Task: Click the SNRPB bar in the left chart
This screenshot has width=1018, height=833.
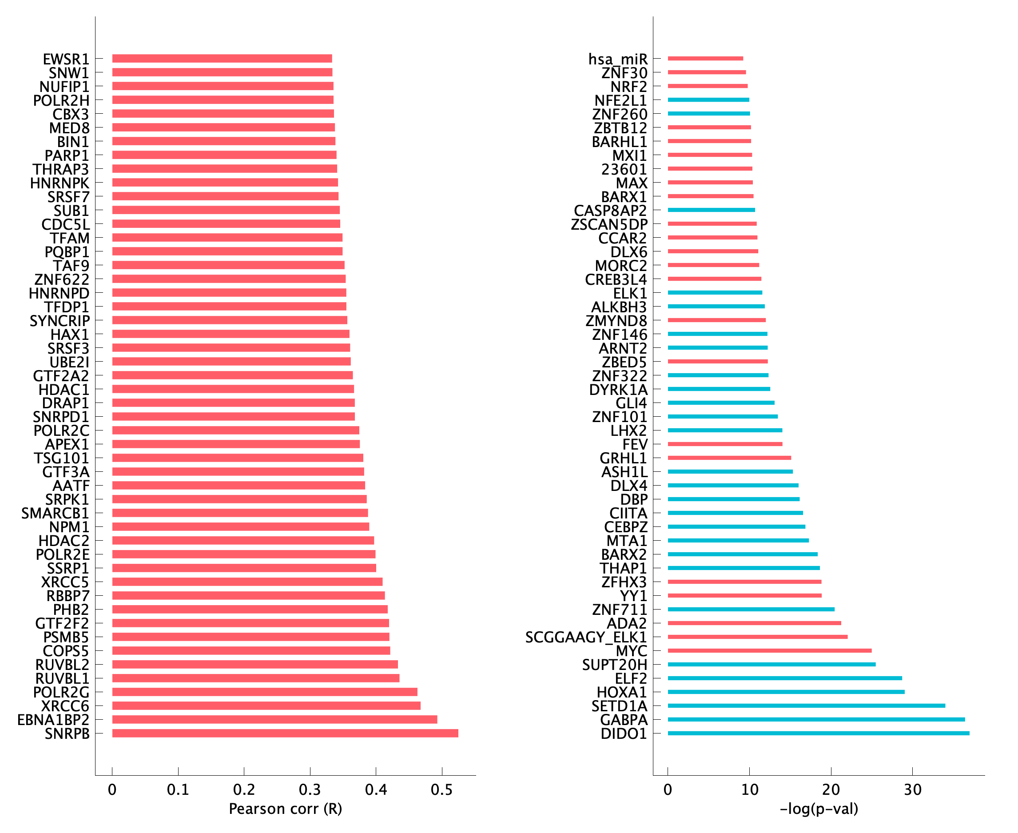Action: coord(285,733)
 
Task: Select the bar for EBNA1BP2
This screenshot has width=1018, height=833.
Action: coord(274,719)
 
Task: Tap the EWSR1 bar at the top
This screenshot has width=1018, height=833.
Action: coord(222,59)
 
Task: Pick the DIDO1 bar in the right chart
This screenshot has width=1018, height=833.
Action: coord(819,733)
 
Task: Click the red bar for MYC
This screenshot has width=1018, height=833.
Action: coord(770,651)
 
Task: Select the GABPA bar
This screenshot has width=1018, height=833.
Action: coord(816,719)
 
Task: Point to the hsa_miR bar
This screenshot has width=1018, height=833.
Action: coord(705,59)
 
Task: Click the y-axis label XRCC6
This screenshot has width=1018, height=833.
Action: coord(65,706)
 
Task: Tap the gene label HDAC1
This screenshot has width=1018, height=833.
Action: coord(64,389)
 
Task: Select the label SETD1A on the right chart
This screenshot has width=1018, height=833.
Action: coord(619,706)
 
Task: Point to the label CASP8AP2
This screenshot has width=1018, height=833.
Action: coord(610,211)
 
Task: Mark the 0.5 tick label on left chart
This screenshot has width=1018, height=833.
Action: coord(442,789)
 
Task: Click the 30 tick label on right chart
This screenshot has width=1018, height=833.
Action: coord(912,789)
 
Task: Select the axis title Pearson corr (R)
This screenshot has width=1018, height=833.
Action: coord(286,809)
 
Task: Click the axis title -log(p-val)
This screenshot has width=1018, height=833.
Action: coord(819,809)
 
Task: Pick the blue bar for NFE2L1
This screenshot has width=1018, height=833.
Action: coord(708,100)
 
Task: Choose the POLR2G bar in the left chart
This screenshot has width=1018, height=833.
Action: coord(264,692)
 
